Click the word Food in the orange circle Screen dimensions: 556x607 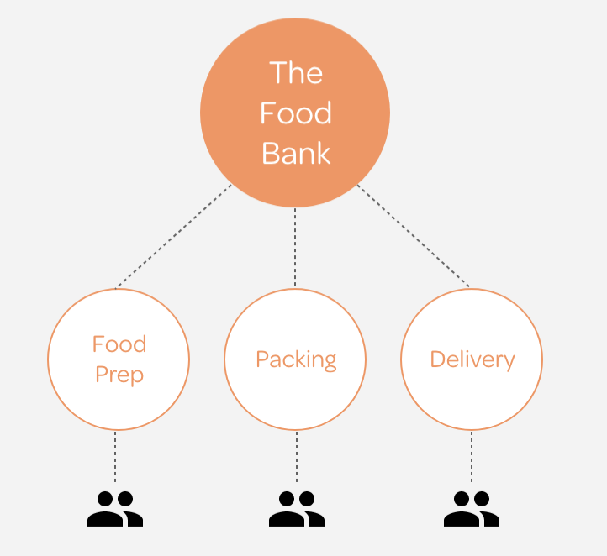coord(295,113)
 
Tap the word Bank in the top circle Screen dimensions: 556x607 coord(296,154)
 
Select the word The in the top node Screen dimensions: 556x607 coord(296,73)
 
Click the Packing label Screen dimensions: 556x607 coord(296,359)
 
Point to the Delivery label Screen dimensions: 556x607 coord(472,359)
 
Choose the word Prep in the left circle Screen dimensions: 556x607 coord(119,374)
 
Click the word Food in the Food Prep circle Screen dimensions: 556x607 coord(119,344)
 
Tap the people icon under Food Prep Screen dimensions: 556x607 coord(115,509)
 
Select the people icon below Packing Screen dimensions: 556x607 coord(296,509)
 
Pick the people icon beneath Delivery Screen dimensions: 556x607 coord(472,509)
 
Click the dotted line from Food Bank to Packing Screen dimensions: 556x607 coord(295,248)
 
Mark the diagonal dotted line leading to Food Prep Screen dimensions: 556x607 coord(172,237)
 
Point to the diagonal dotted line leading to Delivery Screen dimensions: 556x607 coord(414,235)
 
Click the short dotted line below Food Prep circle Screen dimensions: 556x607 coord(115,458)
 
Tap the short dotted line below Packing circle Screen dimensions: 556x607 coord(296,458)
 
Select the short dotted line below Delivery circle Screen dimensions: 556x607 coord(472,458)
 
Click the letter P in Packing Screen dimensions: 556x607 coord(262,359)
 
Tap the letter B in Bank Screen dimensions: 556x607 coord(271,154)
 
